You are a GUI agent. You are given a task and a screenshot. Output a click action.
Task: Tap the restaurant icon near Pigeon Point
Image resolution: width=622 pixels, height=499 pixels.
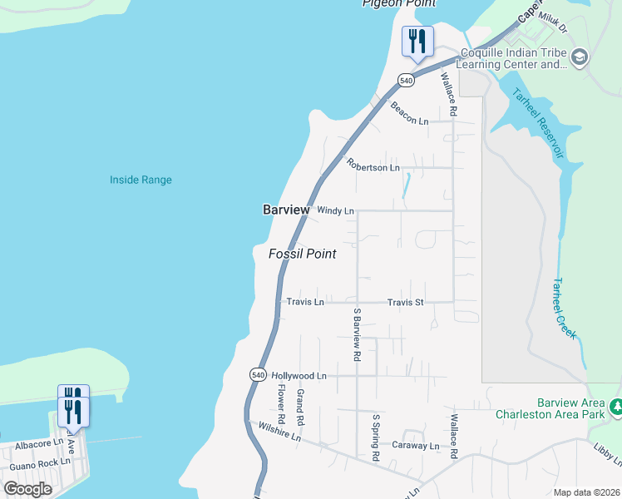(417, 41)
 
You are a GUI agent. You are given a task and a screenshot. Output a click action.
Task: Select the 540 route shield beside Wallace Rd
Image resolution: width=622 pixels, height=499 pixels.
(405, 81)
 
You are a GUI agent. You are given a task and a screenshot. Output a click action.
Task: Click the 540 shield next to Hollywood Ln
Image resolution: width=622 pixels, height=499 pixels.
(258, 375)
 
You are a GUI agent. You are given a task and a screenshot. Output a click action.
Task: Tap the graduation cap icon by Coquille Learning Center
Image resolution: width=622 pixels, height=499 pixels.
(580, 57)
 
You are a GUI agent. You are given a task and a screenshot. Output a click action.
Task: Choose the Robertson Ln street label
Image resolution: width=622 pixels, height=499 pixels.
(373, 167)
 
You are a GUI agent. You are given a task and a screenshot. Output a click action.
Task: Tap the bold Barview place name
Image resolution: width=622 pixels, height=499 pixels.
(286, 210)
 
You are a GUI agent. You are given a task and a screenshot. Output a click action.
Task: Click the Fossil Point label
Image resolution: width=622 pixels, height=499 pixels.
(302, 254)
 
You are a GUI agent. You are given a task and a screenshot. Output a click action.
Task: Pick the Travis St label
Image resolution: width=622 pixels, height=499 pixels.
(406, 302)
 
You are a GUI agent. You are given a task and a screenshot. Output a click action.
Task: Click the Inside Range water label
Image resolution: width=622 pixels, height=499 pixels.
(141, 180)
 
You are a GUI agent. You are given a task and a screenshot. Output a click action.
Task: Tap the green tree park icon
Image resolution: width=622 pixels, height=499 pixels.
(616, 408)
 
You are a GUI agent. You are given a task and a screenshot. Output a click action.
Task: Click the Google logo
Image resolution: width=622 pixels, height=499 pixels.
(28, 488)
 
